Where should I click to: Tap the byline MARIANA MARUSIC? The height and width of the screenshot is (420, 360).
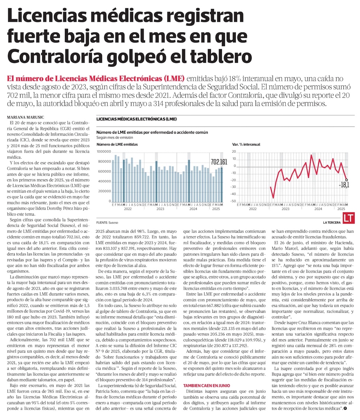[x=23, y=117]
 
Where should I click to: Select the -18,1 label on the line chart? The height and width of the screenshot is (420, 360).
[x=344, y=185]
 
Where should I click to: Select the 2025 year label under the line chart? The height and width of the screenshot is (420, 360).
[x=341, y=209]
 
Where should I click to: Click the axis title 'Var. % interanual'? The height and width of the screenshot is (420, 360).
[x=246, y=144]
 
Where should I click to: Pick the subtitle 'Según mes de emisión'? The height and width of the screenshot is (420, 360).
[x=115, y=137]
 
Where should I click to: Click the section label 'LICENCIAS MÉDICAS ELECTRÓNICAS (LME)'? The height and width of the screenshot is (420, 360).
[x=136, y=119]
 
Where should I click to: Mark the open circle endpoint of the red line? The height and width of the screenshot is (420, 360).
[x=346, y=179]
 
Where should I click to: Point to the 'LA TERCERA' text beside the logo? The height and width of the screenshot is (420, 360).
[x=332, y=222]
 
